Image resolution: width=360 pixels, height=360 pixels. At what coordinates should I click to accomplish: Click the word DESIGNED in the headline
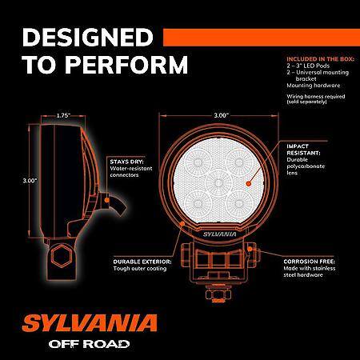pyautogui.click(x=88, y=37)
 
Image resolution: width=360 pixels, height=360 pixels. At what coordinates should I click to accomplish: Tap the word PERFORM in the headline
pyautogui.click(x=126, y=65)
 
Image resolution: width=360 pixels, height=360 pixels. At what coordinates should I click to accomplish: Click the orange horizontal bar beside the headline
pyautogui.click(x=262, y=38)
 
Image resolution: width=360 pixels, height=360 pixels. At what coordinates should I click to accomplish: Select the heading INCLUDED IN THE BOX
pyautogui.click(x=320, y=59)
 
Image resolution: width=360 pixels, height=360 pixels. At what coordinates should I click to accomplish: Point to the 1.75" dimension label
pyautogui.click(x=63, y=115)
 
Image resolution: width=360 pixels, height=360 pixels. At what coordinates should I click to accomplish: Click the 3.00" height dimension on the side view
pyautogui.click(x=30, y=181)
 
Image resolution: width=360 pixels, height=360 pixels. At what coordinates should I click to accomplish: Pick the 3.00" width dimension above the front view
pyautogui.click(x=222, y=115)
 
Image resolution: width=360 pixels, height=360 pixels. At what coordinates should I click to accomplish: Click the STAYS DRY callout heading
pyautogui.click(x=126, y=162)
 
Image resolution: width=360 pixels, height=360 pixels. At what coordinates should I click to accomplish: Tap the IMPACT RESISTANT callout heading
pyautogui.click(x=303, y=150)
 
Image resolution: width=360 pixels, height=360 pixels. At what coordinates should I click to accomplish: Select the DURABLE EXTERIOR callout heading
pyautogui.click(x=142, y=262)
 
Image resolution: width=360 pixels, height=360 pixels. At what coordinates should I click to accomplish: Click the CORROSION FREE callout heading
pyautogui.click(x=309, y=262)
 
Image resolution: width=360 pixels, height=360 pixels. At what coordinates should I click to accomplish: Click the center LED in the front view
pyautogui.click(x=218, y=183)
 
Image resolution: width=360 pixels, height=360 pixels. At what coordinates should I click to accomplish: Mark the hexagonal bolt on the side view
pyautogui.click(x=62, y=255)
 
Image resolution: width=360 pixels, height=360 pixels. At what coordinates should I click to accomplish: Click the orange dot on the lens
pyautogui.click(x=248, y=183)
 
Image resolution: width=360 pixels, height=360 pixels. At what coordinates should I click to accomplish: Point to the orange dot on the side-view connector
pyautogui.click(x=107, y=200)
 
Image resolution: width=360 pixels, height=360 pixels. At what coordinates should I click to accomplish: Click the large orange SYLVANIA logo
pyautogui.click(x=90, y=323)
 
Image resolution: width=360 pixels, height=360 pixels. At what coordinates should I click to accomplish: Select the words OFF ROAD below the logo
pyautogui.click(x=89, y=344)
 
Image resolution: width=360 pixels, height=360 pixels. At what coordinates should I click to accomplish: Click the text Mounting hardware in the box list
pyautogui.click(x=314, y=86)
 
